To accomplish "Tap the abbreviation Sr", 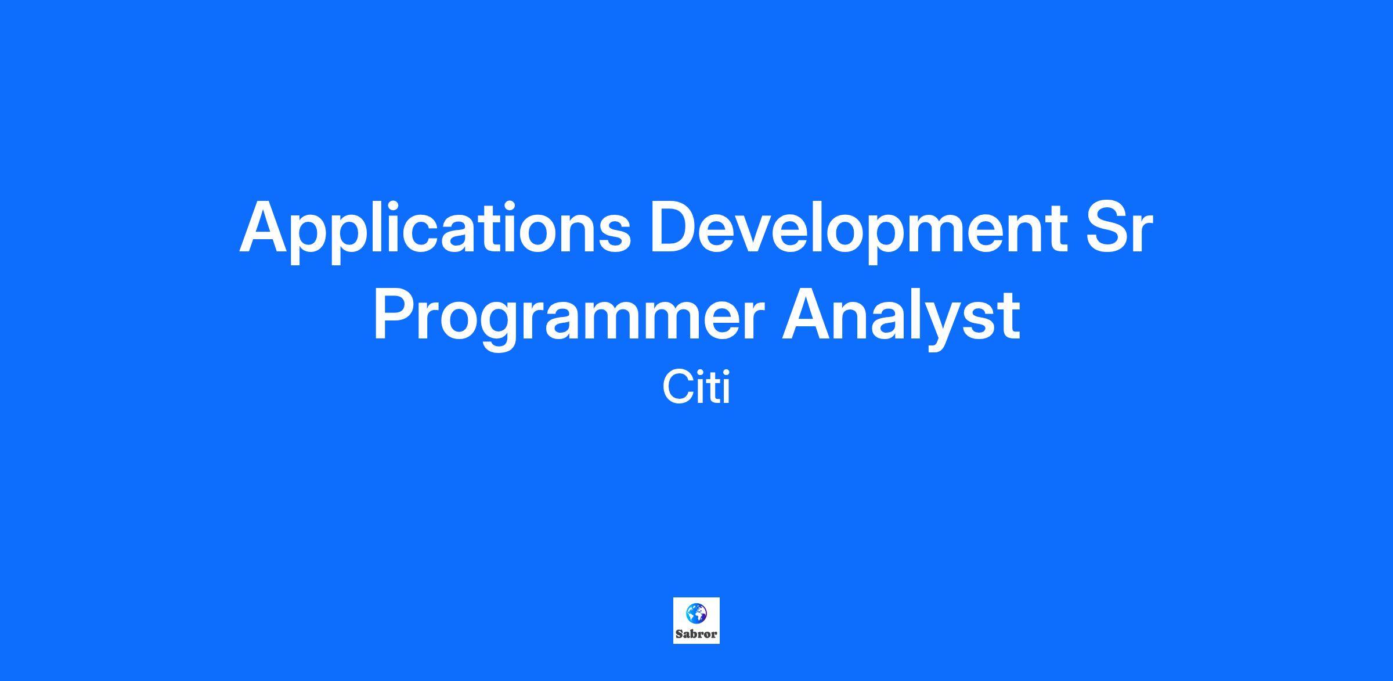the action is [x=1118, y=228].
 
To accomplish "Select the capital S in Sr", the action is [x=1106, y=227].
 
